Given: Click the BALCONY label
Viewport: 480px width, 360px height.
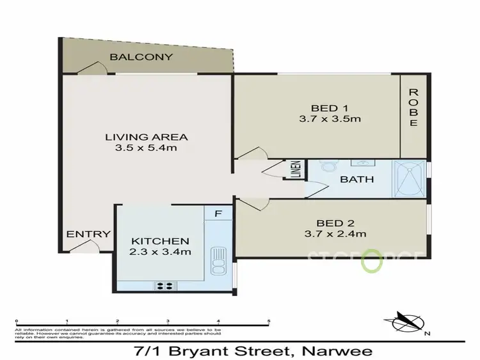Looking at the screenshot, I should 141,57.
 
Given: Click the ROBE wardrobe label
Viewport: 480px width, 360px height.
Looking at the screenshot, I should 413,109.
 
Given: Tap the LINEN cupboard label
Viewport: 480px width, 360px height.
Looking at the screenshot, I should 296,170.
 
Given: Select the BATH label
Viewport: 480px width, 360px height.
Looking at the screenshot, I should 357,180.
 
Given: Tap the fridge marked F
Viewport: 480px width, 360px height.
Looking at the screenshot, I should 219,214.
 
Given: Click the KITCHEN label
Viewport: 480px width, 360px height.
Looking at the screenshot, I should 160,241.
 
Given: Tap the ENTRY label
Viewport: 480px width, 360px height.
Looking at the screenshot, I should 89,234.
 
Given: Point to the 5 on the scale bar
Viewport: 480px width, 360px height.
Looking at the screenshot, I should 269,320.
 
